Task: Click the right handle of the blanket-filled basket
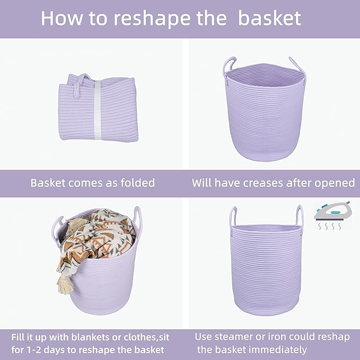coord(138,217)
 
